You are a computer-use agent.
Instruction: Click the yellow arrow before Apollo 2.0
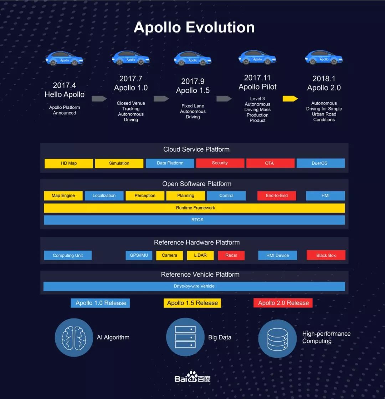tap(290, 98)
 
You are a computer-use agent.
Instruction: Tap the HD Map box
tap(69, 163)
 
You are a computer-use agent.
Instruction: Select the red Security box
tap(220, 163)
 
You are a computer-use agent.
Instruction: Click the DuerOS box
tap(320, 163)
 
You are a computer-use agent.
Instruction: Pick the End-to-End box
tap(277, 196)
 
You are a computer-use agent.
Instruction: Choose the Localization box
tap(104, 196)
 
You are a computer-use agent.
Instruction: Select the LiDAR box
tap(200, 255)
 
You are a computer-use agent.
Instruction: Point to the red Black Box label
tap(326, 255)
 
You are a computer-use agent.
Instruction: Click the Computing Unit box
tap(68, 255)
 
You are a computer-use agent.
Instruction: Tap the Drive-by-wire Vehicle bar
tap(194, 286)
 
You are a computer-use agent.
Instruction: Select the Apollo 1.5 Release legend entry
tap(192, 303)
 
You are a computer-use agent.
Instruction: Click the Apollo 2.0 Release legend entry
tap(283, 303)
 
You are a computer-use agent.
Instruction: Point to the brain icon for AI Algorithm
tap(74, 337)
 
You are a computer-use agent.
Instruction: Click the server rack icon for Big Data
tap(185, 337)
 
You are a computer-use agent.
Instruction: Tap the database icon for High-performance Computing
tap(277, 339)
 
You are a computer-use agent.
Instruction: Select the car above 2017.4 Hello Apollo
tap(65, 58)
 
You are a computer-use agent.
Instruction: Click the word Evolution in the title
tap(220, 27)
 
